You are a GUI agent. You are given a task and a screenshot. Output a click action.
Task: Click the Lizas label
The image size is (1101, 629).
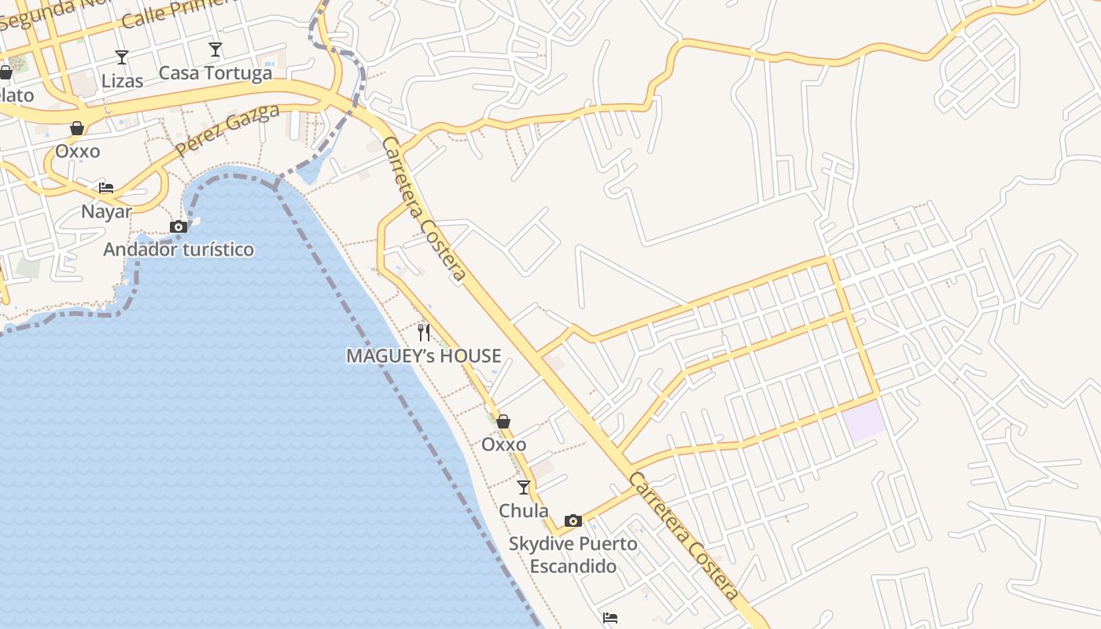coord(122,81)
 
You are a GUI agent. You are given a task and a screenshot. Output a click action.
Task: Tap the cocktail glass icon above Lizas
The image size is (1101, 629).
coord(122,57)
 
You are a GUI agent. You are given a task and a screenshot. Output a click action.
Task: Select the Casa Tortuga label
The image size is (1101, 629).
coord(215,73)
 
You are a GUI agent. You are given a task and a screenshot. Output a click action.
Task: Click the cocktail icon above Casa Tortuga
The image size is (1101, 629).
coord(215,50)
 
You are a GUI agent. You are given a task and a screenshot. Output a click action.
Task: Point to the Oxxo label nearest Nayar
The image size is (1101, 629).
coord(77,151)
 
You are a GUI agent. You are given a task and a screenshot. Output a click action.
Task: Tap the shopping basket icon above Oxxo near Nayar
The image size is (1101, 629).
coord(77,127)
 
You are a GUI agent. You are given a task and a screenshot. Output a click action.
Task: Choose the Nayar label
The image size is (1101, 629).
coord(106,212)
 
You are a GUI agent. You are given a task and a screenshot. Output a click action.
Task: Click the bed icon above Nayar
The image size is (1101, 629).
coord(106,188)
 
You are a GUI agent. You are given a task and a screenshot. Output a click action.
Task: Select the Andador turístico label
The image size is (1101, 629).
coord(179,250)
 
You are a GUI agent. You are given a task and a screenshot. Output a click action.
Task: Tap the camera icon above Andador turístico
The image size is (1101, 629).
coord(179,227)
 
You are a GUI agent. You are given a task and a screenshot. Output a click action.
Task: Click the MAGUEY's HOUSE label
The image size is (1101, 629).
coord(423,356)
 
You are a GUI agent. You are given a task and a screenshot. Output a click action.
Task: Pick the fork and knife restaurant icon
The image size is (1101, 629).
coord(423,332)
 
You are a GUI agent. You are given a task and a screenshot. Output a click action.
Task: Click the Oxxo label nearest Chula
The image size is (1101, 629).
coord(503,445)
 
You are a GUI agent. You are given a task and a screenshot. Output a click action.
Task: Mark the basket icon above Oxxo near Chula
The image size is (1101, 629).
coord(503,421)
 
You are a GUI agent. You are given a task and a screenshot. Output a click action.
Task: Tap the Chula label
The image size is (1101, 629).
coord(524,510)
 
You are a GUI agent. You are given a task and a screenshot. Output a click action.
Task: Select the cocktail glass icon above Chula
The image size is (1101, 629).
coord(524,487)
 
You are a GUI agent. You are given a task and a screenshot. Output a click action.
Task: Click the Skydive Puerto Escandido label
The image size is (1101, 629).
coord(573,554)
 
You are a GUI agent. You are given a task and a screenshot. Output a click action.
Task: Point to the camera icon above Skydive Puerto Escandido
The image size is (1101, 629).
coord(573,520)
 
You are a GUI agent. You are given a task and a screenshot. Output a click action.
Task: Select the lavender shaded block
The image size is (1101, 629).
coord(865,421)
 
